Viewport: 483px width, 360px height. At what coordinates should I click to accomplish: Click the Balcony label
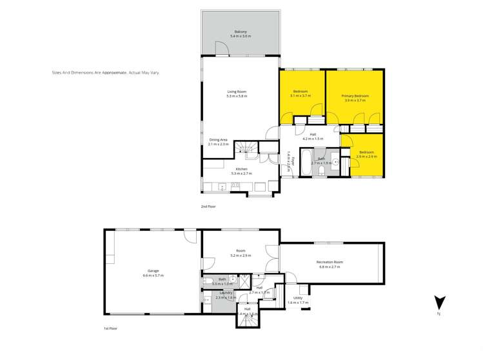(240, 32)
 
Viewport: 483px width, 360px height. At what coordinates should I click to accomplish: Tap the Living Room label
(237, 92)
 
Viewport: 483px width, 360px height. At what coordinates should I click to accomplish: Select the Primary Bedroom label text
(355, 95)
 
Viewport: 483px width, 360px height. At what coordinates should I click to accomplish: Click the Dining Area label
(219, 140)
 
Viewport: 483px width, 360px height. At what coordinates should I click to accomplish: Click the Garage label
(153, 271)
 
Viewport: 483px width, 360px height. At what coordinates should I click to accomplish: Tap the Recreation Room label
(330, 262)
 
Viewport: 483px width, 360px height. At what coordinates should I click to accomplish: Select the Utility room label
(298, 298)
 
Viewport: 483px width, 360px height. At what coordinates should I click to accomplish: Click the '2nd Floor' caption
(208, 206)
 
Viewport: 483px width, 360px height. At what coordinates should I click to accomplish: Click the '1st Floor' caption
(111, 328)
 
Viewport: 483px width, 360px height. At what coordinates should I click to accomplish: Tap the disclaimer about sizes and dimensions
(105, 73)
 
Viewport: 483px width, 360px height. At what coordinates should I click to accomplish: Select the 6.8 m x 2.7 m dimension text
(330, 266)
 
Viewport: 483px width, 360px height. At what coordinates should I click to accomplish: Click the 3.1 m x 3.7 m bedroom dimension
(301, 95)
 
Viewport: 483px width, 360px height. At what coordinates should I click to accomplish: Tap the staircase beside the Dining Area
(246, 148)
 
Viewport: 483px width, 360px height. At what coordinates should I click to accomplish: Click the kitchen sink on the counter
(222, 187)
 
